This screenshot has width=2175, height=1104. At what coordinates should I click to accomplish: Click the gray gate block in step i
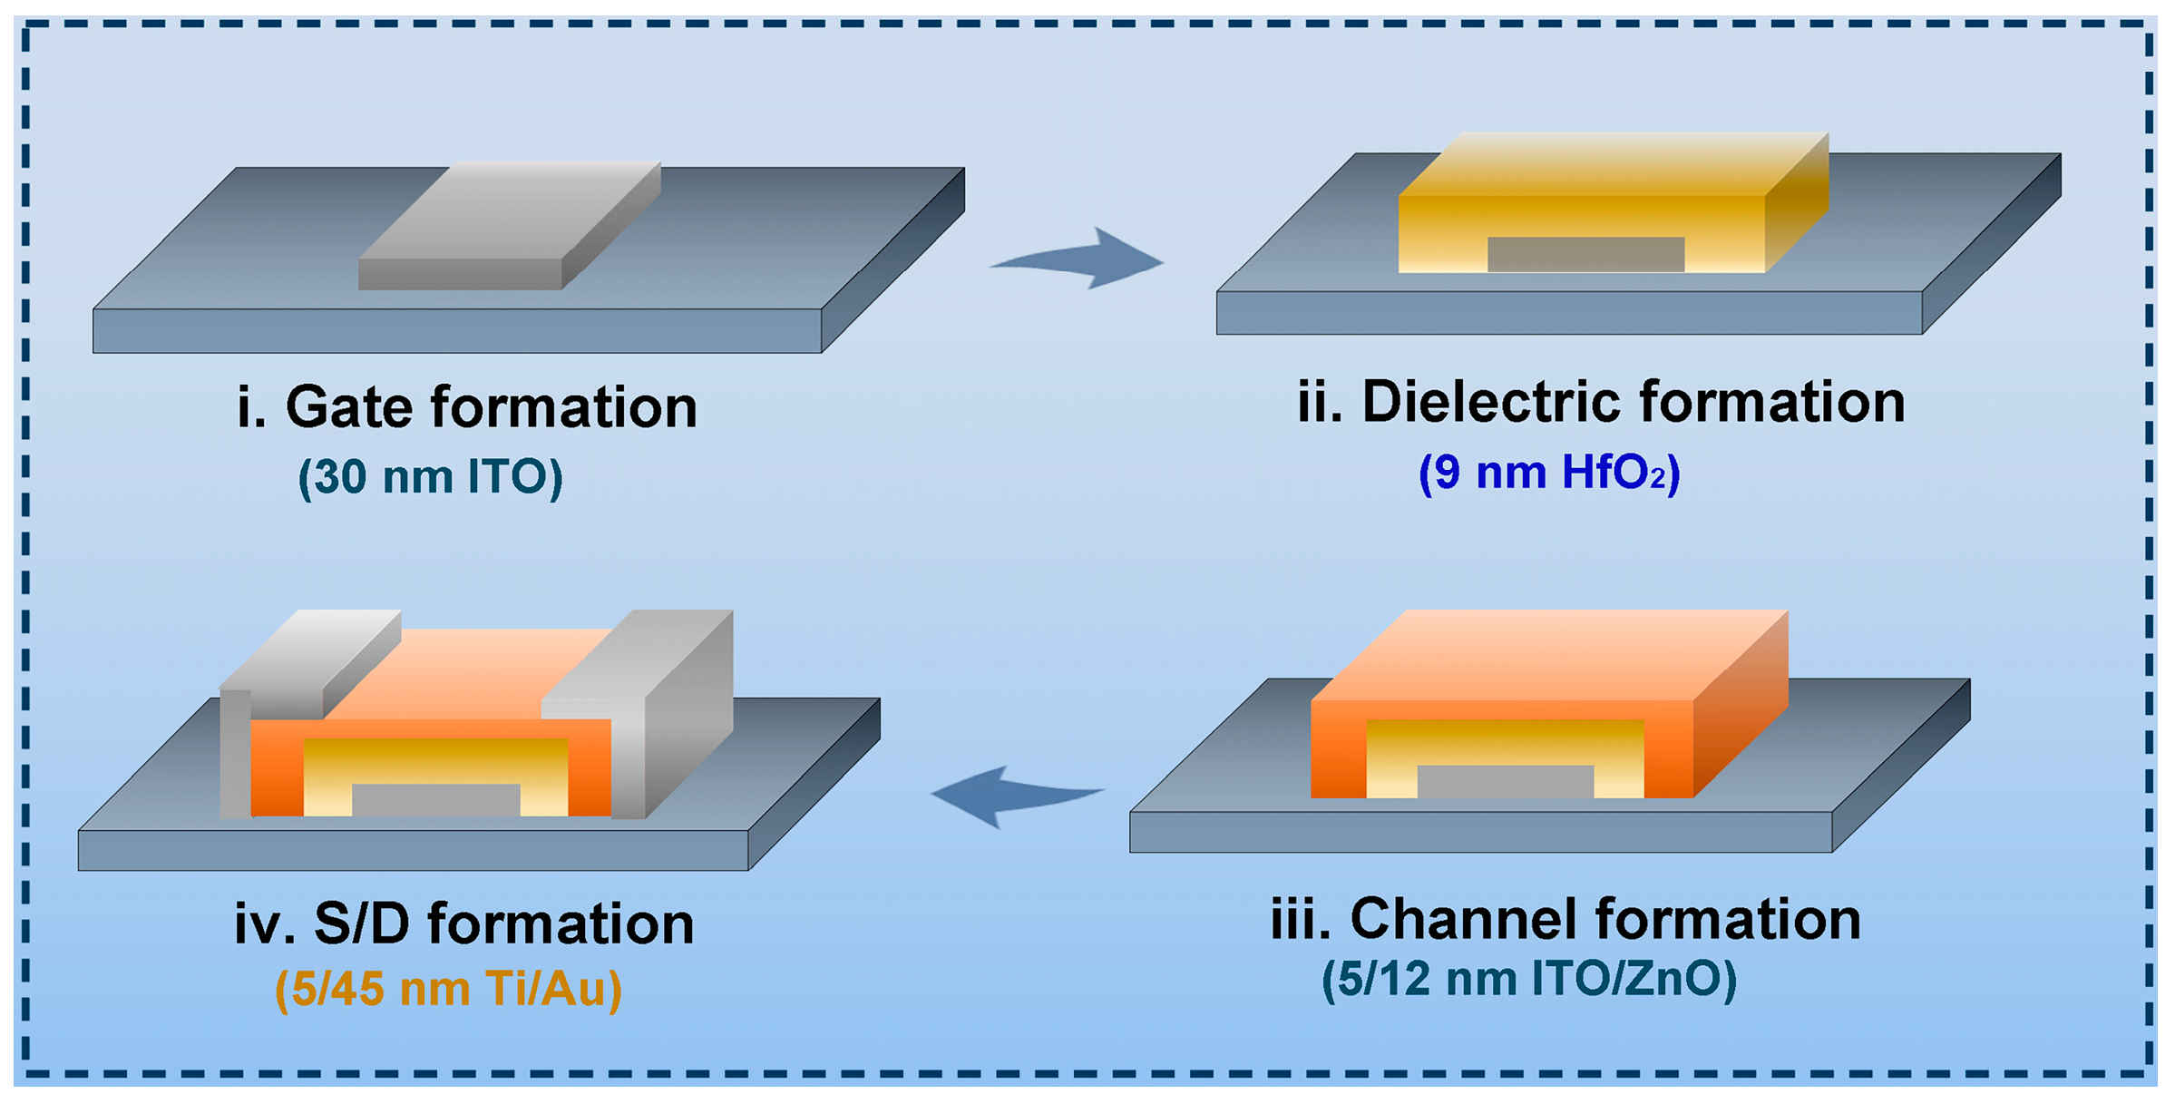[x=508, y=227]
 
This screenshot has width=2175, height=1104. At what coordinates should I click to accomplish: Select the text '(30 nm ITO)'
[x=431, y=476]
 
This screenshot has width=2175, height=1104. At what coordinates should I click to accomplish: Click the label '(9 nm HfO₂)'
[x=1549, y=473]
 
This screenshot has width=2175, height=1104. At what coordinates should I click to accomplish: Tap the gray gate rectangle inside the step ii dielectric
[x=1585, y=254]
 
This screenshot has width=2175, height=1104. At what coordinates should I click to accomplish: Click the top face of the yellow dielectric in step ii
[x=1614, y=163]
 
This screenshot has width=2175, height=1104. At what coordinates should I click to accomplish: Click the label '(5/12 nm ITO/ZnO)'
[x=1529, y=980]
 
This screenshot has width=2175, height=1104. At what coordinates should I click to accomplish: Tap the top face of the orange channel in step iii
[x=1551, y=653]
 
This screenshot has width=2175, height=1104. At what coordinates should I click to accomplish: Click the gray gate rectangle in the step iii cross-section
[x=1506, y=781]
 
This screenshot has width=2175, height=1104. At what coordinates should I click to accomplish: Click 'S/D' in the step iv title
[x=362, y=923]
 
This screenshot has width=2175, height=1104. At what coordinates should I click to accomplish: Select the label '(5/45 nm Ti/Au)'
[x=449, y=989]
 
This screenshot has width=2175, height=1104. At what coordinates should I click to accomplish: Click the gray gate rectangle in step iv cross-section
[x=435, y=799]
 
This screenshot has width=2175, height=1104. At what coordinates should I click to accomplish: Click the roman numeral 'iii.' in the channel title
[x=1300, y=919]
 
